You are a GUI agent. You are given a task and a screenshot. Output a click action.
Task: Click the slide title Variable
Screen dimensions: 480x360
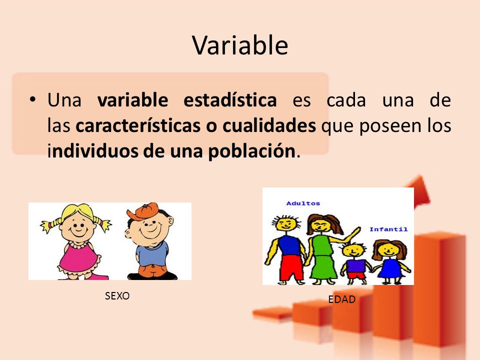[240, 45]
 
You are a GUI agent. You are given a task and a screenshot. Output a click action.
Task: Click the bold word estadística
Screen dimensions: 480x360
[230, 100]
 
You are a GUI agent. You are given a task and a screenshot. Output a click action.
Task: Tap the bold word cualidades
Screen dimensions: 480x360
[269, 125]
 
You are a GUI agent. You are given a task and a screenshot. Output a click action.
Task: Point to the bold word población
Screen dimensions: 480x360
[252, 151]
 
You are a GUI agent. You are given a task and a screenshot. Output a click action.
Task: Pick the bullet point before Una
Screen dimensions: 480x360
[33, 99]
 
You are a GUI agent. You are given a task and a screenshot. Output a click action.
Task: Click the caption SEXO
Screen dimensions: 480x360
[117, 295]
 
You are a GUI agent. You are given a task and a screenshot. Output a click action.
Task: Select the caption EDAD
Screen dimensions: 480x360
[341, 299]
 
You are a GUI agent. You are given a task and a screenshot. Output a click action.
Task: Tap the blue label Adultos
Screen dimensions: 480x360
[303, 203]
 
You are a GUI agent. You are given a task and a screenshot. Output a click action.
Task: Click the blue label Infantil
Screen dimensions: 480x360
[388, 229]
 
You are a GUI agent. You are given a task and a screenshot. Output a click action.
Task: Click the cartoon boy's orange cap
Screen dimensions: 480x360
[143, 211]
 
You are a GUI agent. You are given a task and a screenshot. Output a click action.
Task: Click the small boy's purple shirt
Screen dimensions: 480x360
[355, 265]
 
